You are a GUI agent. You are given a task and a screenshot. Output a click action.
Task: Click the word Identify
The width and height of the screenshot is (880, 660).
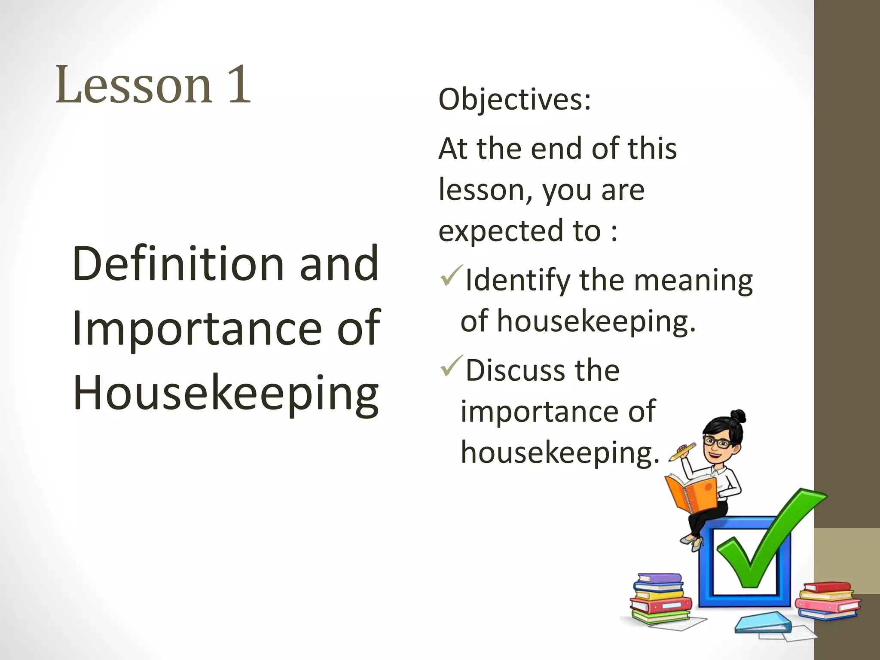click(518, 280)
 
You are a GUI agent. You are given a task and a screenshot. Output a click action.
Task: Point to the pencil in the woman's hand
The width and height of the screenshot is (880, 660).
click(682, 452)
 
